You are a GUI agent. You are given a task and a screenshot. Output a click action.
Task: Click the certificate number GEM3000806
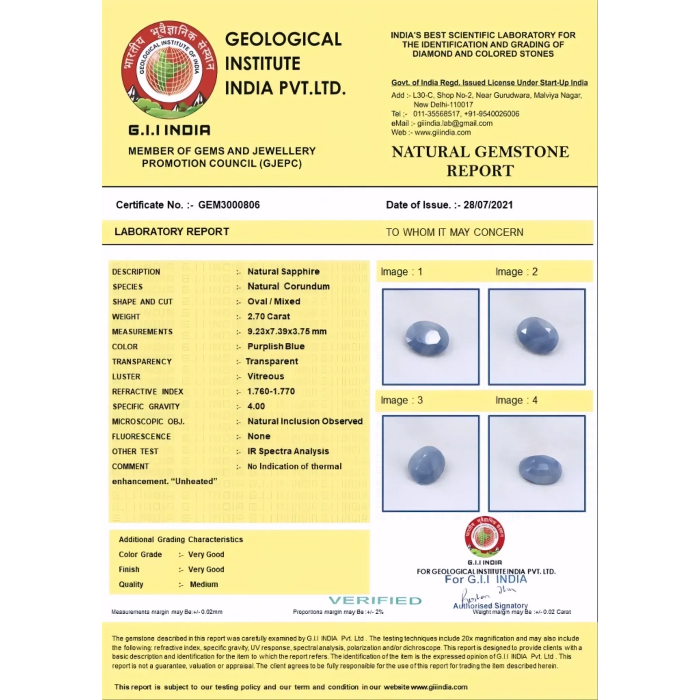[229, 205]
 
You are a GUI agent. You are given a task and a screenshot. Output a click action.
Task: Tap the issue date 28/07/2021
[488, 205]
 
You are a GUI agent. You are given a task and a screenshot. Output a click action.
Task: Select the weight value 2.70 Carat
[269, 316]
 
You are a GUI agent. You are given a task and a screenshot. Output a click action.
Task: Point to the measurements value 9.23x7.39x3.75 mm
[287, 331]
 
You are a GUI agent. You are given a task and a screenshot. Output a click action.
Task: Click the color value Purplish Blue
[276, 346]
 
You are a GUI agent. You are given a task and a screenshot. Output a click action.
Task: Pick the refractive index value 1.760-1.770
[271, 391]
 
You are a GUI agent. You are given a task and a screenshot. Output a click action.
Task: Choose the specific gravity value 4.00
[256, 406]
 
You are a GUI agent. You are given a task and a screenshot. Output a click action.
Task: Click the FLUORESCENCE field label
[141, 436]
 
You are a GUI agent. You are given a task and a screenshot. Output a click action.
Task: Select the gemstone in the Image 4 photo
[540, 468]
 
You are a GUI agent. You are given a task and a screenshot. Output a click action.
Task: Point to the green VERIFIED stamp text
[375, 600]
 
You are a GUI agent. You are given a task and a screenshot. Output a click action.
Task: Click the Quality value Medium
[204, 584]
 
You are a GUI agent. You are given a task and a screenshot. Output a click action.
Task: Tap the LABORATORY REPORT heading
[172, 232]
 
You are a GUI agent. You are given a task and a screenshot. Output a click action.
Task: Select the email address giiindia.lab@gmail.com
[455, 123]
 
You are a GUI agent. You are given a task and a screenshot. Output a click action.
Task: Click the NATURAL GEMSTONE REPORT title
[480, 161]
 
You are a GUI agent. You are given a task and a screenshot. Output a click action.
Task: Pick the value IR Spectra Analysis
[288, 451]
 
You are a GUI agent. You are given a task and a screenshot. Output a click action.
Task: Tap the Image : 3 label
[401, 400]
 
